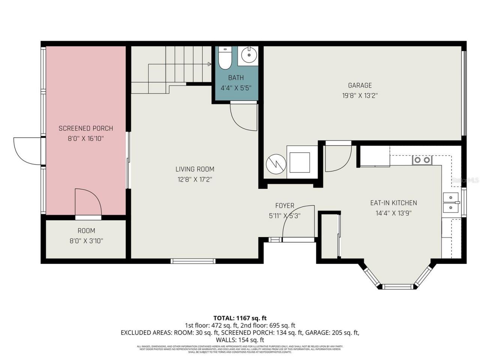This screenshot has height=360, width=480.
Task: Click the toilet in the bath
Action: [x=225, y=58]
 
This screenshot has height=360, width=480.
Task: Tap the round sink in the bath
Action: [x=248, y=56]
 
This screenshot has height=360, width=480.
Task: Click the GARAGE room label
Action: [x=360, y=85]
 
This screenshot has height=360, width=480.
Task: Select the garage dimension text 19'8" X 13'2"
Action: [x=360, y=95]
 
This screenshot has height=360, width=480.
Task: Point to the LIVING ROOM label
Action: [x=195, y=169]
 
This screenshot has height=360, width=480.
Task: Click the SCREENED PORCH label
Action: [x=85, y=128]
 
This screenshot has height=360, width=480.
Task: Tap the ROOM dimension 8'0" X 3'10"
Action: [x=85, y=240]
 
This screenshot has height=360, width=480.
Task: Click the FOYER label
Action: [x=285, y=205]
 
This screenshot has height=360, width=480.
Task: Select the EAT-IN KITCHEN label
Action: [x=393, y=203]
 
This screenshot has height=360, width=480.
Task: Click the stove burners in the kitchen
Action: [x=422, y=160]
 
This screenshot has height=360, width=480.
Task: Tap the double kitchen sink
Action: [x=451, y=202]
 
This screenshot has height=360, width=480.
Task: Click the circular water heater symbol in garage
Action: [x=276, y=164]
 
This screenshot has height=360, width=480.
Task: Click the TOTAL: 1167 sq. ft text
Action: [x=240, y=318]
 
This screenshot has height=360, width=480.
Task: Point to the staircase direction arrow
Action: [x=208, y=64]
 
